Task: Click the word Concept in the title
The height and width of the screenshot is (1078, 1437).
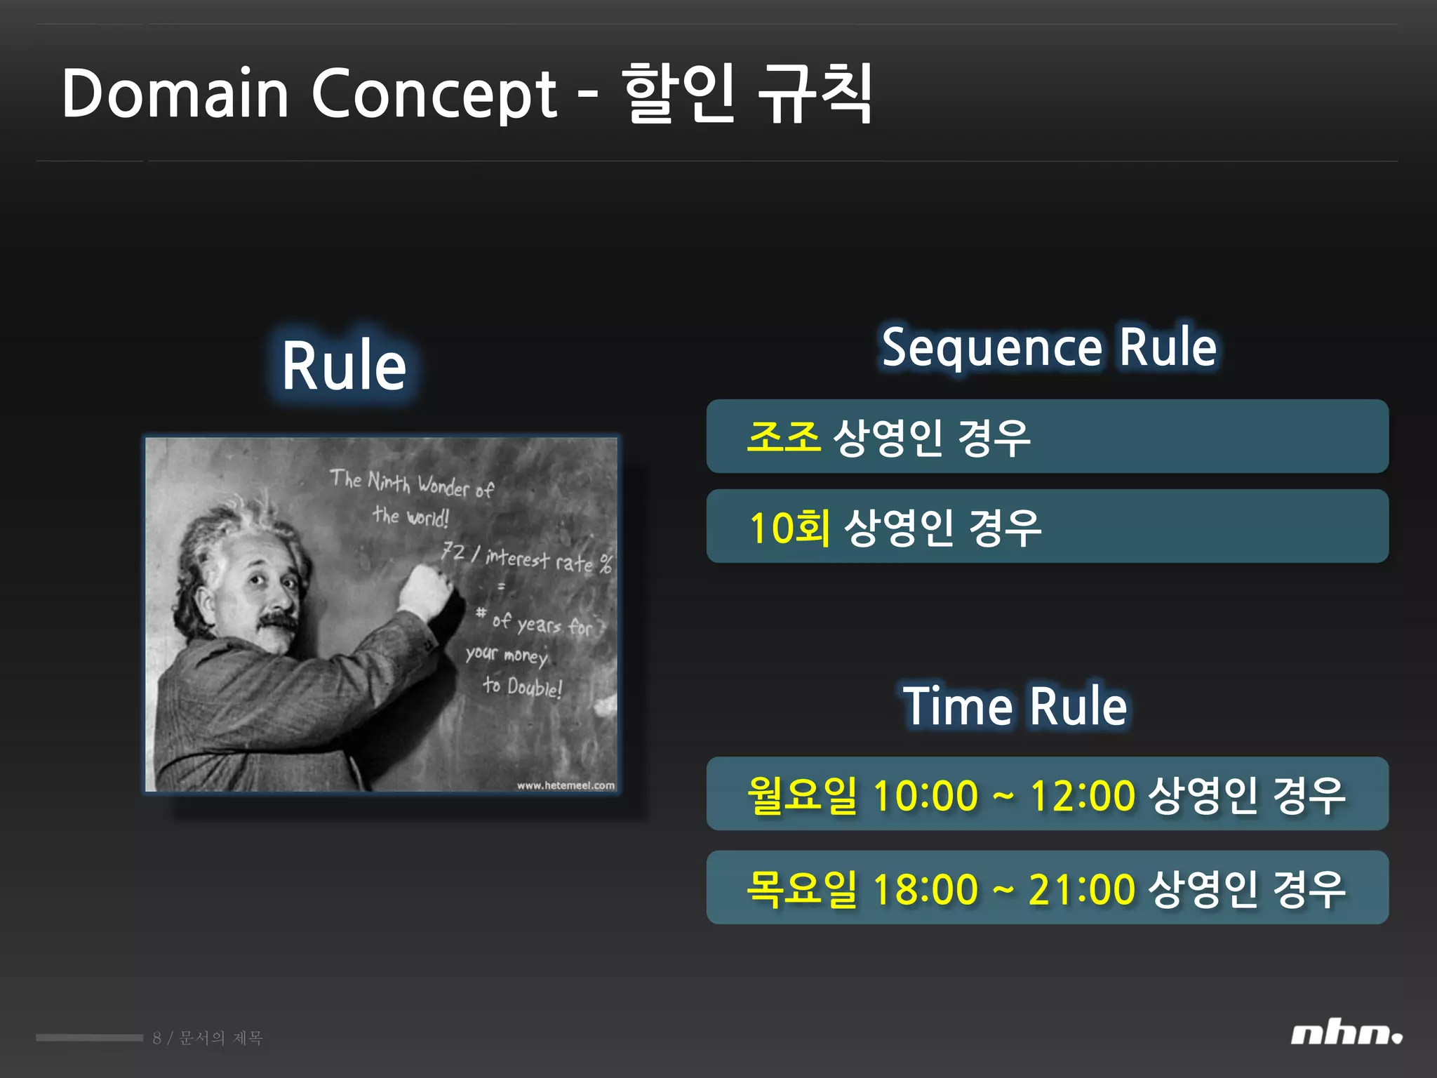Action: (434, 95)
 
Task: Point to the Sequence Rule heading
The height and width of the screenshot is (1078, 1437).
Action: (1049, 347)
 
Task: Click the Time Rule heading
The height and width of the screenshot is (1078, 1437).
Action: (1015, 706)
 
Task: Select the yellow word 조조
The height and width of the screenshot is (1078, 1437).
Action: (783, 437)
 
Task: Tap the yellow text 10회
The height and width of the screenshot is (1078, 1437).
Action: (789, 527)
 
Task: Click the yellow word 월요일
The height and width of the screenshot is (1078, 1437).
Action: (802, 795)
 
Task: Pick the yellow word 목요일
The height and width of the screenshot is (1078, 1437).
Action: (802, 889)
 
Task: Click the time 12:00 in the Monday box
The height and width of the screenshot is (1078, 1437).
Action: (1082, 796)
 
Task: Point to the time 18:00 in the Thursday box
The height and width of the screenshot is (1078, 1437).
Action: (925, 889)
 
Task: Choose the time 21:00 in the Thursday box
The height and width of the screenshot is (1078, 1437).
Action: (1081, 889)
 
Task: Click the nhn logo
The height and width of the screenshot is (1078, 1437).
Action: (1346, 1034)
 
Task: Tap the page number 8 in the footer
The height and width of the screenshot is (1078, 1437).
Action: (156, 1038)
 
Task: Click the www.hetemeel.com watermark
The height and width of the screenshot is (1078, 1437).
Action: (566, 785)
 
